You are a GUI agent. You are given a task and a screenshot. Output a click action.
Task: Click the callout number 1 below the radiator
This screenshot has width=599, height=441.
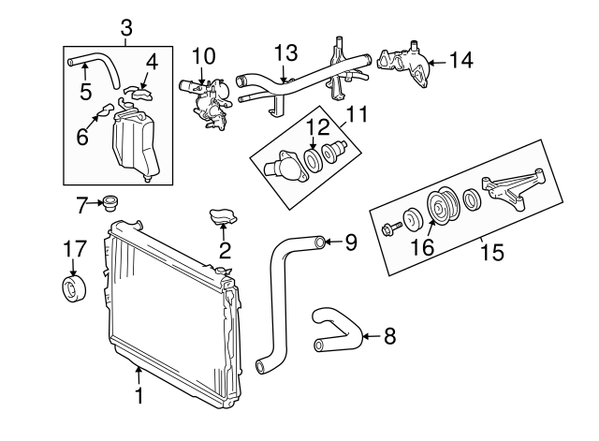click(x=139, y=396)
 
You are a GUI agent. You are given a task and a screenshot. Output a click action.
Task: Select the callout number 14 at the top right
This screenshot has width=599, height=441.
click(x=460, y=62)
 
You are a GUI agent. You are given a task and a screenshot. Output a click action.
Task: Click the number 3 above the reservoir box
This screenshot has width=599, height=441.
click(x=127, y=27)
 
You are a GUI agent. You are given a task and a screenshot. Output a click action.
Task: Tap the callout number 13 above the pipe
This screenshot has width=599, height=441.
click(x=286, y=52)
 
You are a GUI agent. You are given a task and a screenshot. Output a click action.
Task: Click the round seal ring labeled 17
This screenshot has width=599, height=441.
click(x=73, y=287)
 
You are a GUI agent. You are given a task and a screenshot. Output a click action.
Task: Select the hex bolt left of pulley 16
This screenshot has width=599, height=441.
click(x=391, y=228)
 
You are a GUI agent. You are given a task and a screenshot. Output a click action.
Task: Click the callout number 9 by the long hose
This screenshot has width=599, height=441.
click(x=351, y=243)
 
